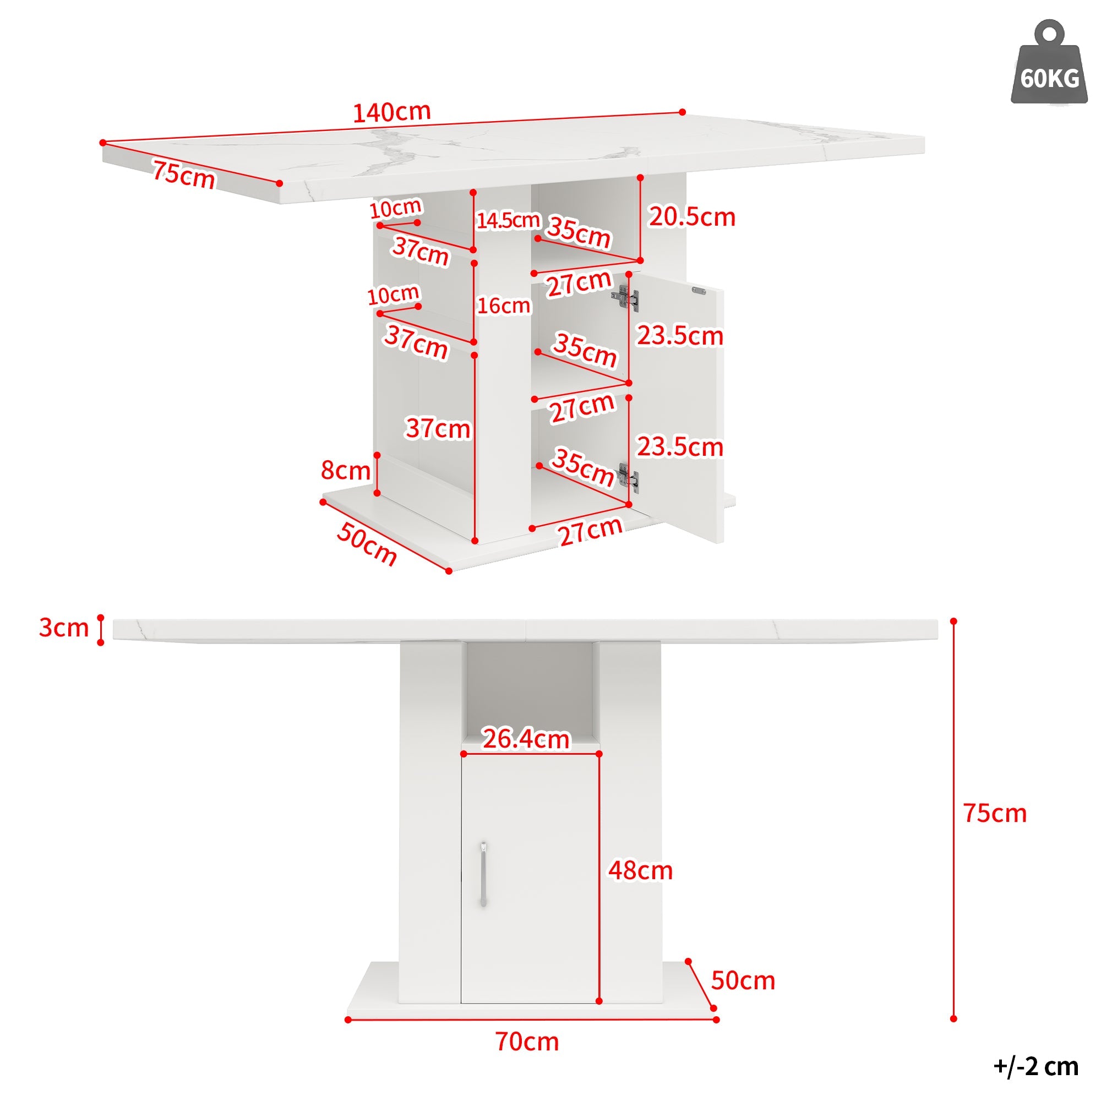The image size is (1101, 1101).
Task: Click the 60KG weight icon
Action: coord(1049,63)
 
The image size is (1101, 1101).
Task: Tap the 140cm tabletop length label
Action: coord(392,112)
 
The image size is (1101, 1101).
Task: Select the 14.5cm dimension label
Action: coord(508,220)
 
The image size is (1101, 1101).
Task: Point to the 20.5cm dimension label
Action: coord(692,217)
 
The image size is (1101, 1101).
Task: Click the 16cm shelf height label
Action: coord(504,306)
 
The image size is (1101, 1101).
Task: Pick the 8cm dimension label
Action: coord(345,470)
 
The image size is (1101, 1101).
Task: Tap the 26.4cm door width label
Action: coord(526,739)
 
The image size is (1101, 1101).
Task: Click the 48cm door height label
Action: coord(641,871)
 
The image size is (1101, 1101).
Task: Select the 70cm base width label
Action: coord(527,1042)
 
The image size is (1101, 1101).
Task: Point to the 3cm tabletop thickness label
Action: coord(64,628)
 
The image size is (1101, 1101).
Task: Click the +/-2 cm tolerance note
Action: coord(1036,1067)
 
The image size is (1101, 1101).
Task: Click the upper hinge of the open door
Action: coord(626,298)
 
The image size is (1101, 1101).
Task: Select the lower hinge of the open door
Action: coord(628,477)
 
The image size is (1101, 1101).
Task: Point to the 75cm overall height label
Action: coord(995,813)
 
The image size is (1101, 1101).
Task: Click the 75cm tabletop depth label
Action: coord(183,175)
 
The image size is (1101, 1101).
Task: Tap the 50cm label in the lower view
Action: coord(743,981)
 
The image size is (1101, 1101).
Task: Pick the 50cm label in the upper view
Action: coord(367,544)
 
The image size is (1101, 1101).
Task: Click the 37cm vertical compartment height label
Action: coord(438,428)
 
